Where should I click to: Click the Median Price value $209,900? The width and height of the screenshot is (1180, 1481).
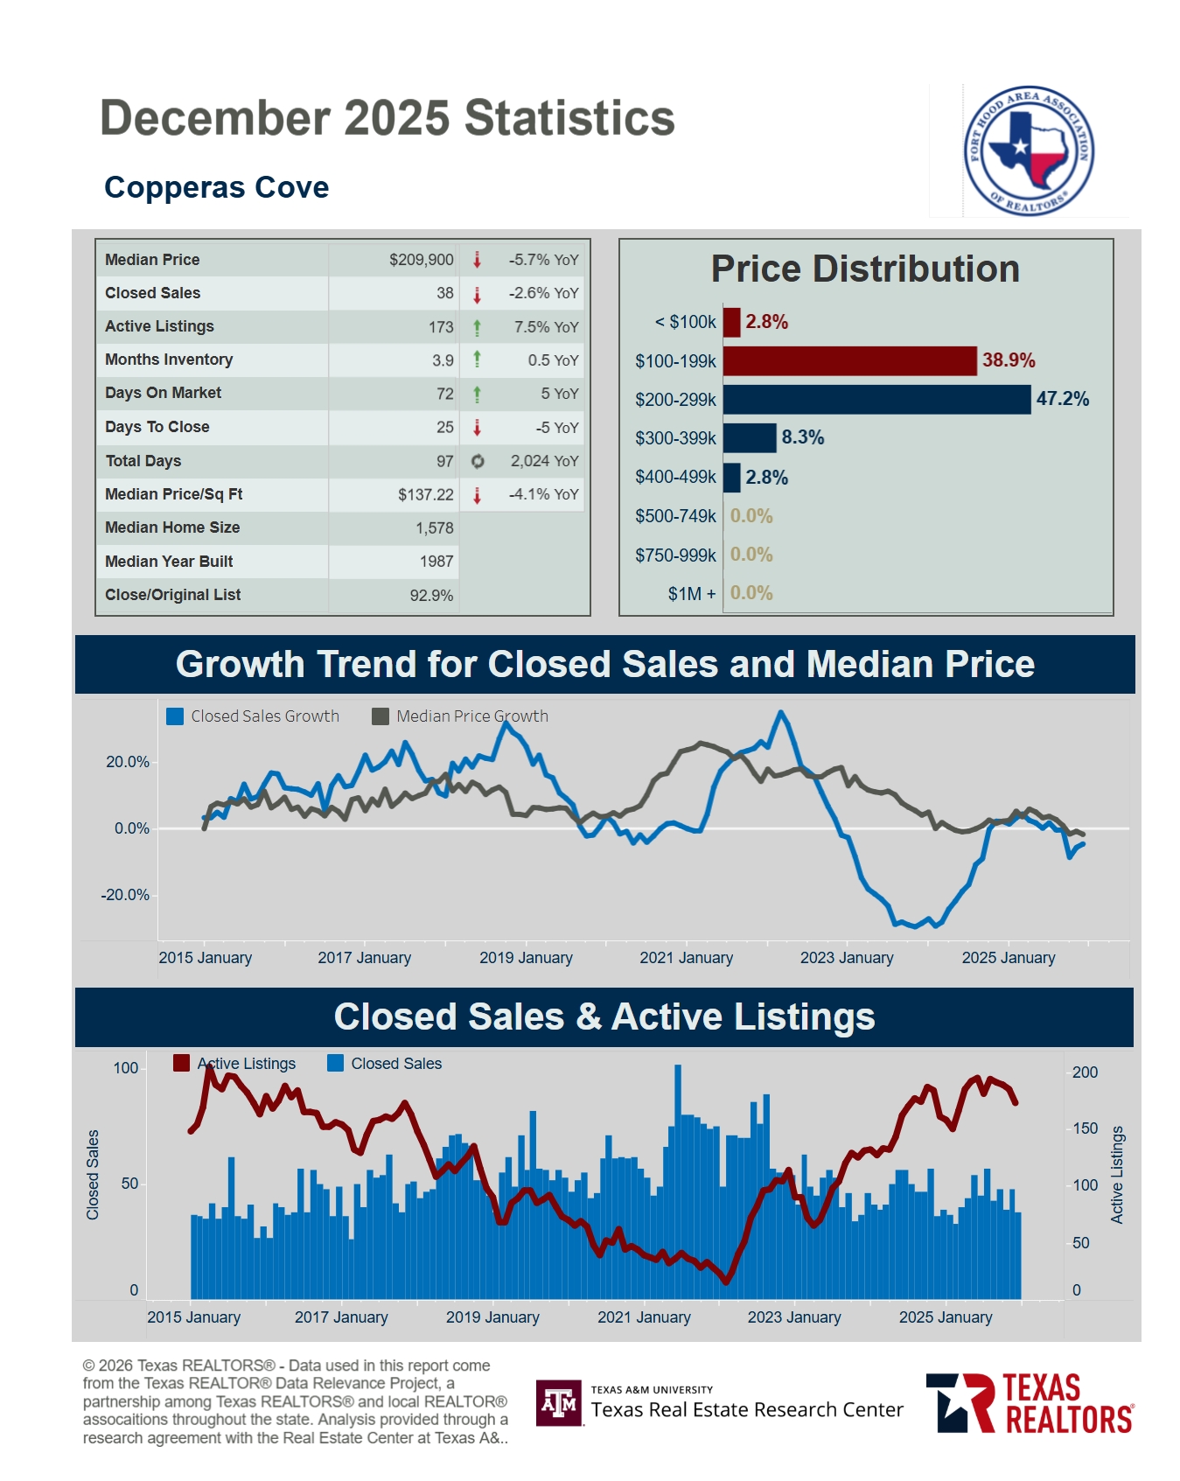421,260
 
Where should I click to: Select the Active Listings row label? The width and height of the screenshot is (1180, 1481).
159,326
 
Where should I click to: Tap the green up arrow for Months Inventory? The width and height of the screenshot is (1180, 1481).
477,359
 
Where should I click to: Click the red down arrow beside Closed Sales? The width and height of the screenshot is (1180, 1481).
477,294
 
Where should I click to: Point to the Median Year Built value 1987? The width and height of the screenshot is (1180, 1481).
436,562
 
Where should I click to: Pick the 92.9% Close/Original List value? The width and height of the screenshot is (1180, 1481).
431,596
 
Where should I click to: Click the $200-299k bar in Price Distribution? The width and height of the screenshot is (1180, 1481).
876,400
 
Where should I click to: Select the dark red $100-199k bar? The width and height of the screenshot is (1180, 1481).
848,360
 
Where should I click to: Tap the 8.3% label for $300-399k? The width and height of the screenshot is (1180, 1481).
802,437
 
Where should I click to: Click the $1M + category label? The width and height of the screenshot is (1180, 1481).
691,594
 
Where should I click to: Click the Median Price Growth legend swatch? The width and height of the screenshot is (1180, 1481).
381,716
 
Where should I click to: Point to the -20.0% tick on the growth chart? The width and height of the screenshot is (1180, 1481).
125,895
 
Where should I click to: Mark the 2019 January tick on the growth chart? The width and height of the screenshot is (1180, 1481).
526,958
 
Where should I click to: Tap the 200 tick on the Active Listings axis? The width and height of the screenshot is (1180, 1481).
1085,1072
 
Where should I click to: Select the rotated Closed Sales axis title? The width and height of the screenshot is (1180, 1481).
93,1174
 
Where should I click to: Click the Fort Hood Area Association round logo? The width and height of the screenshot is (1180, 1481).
1028,150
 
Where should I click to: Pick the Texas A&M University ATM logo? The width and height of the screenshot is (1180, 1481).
559,1403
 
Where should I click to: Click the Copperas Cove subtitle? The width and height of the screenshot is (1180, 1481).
216,187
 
